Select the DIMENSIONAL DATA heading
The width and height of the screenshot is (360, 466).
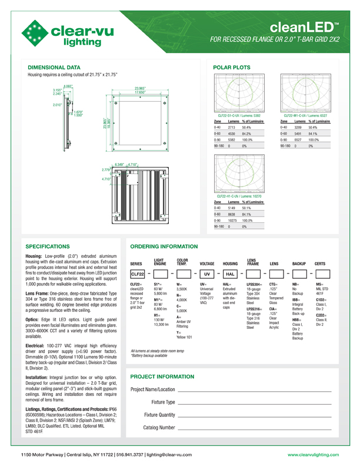coord(54,68)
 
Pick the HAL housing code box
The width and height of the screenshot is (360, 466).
coord(231,274)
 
